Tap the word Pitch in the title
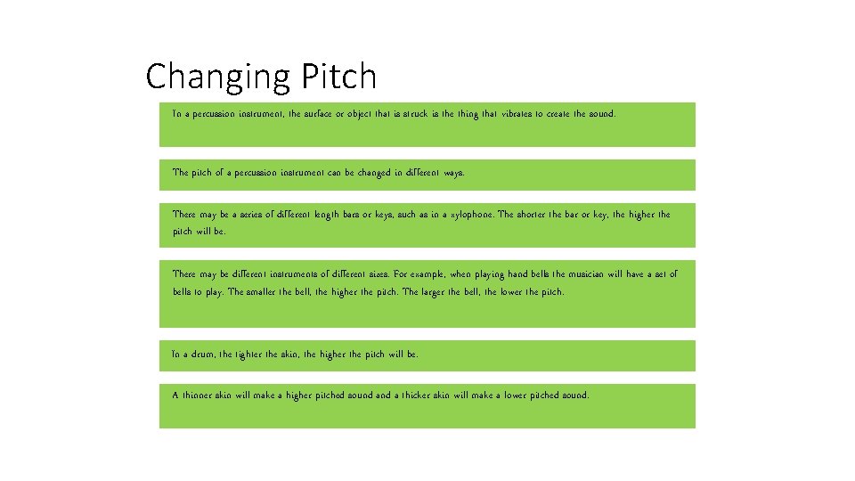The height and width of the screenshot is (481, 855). click(338, 77)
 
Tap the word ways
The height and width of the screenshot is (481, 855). click(453, 173)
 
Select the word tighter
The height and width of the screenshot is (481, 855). click(249, 355)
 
